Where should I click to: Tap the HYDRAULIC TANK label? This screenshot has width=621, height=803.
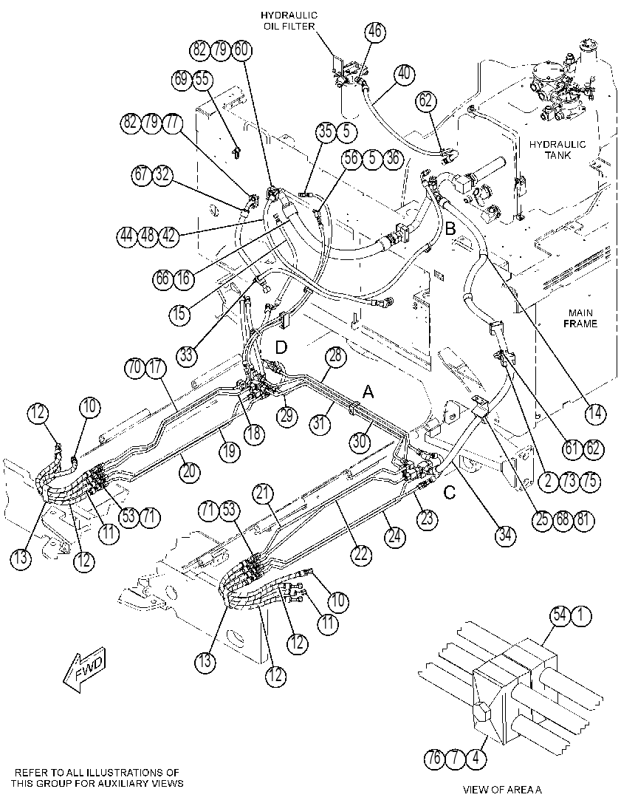click(x=557, y=149)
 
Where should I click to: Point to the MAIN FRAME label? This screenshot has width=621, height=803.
click(x=580, y=318)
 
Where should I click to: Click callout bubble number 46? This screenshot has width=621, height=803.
click(x=375, y=31)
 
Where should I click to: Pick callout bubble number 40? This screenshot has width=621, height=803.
click(x=404, y=73)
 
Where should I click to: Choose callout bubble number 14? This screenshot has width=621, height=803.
click(x=595, y=413)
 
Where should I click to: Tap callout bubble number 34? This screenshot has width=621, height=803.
click(x=505, y=536)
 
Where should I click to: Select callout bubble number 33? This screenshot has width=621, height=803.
click(x=187, y=354)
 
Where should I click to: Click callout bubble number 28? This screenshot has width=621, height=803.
click(x=334, y=357)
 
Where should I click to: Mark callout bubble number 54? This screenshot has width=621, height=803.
click(x=560, y=615)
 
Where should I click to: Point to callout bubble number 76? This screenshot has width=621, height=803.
click(x=434, y=758)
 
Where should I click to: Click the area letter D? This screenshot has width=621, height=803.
click(x=281, y=348)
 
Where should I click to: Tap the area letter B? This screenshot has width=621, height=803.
click(x=450, y=228)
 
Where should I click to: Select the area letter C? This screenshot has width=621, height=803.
click(x=449, y=493)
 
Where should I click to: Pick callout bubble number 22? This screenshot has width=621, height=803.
click(x=361, y=554)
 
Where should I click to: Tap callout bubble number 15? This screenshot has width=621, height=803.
click(x=179, y=313)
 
